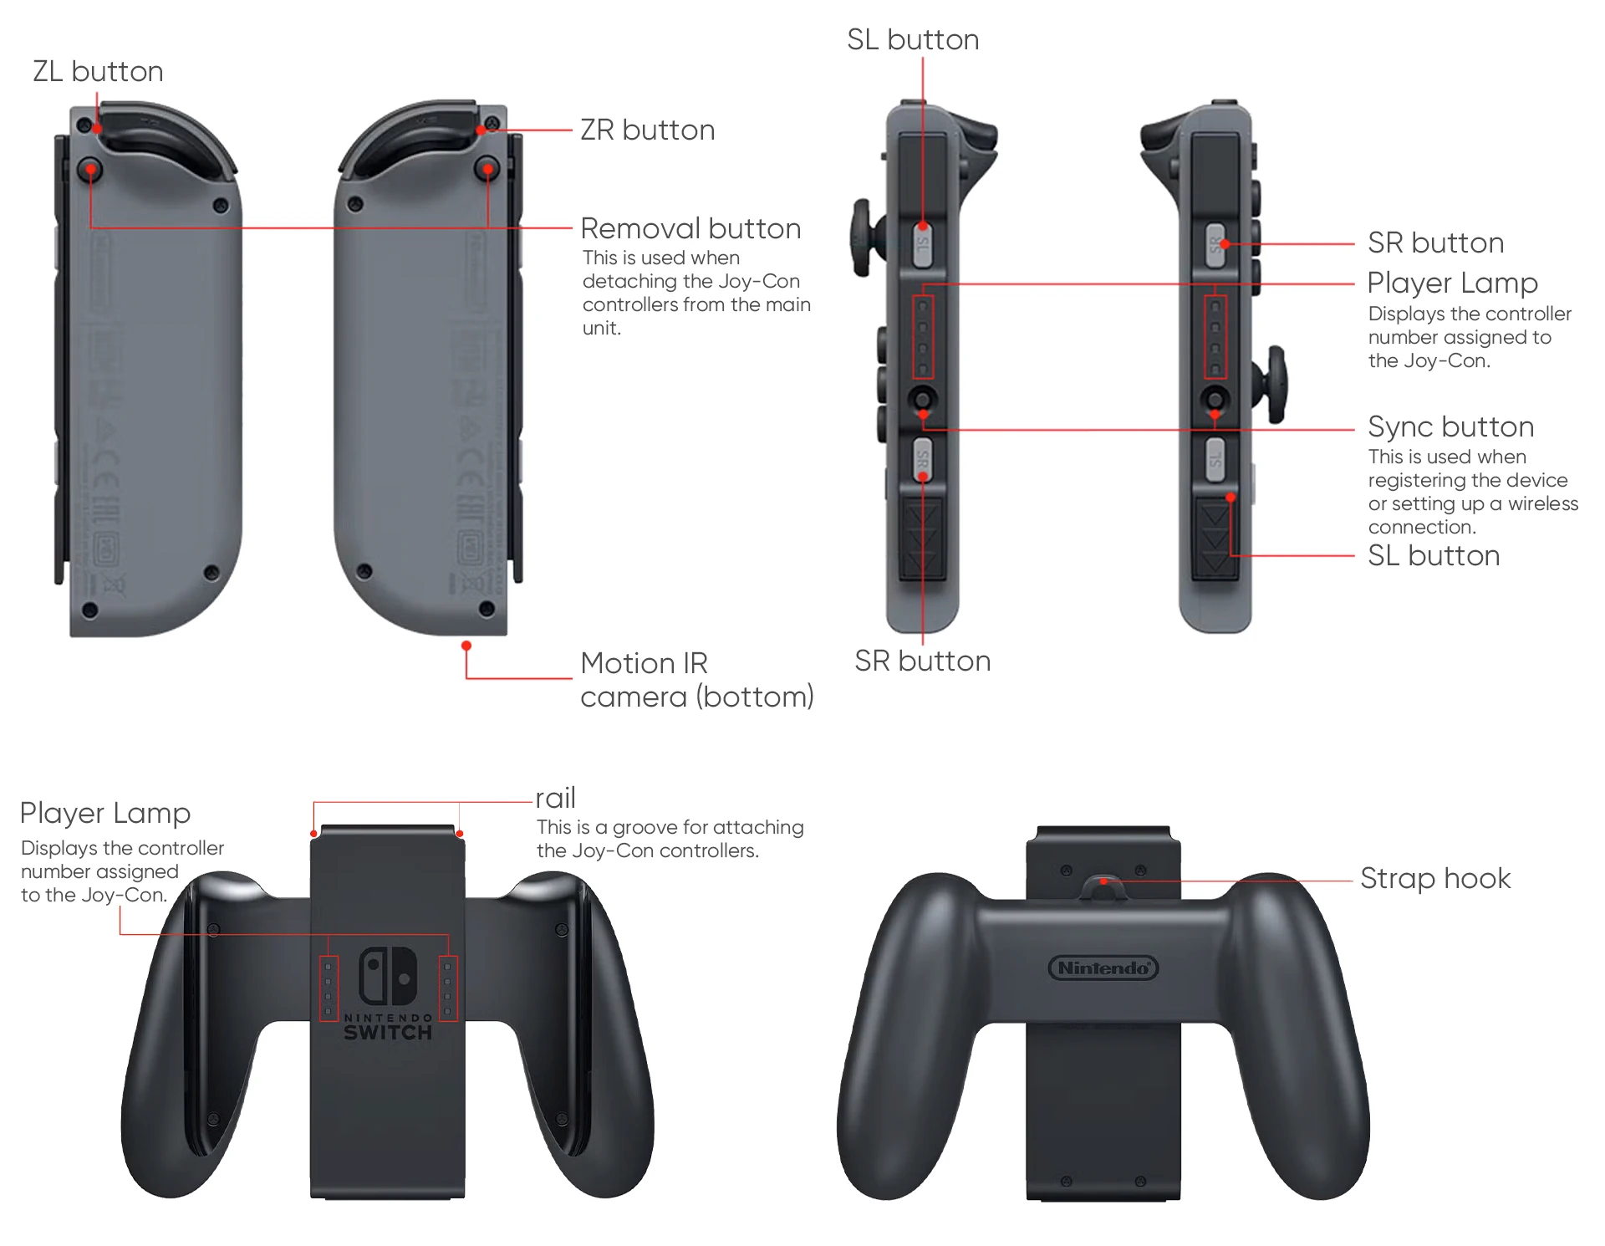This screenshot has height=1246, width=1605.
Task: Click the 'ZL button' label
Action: coord(98,72)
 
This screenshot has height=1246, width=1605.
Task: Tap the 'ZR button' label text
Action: coord(647,130)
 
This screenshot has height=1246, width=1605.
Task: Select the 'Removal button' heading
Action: coord(690,228)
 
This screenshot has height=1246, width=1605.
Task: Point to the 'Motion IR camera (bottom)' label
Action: coord(695,680)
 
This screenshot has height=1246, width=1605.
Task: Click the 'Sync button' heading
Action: coord(1450,427)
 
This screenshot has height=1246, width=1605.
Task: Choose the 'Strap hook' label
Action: coord(1434,879)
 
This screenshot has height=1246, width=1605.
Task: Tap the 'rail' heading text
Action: coord(555,799)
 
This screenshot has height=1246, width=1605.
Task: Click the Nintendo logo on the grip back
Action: coord(1103,968)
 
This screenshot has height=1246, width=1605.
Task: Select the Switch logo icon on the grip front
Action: coord(388,976)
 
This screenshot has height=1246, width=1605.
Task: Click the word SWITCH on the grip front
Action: coord(388,1033)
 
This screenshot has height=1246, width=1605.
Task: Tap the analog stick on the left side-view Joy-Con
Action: coord(864,237)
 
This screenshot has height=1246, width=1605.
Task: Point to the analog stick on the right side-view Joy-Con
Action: coord(1276,385)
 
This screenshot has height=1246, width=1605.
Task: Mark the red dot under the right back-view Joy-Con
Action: coord(466,646)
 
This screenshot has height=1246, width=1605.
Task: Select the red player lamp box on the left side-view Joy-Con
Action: coord(923,337)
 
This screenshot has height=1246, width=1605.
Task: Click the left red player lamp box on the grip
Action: coord(329,988)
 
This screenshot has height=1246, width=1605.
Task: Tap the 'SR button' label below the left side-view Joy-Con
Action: coord(922,661)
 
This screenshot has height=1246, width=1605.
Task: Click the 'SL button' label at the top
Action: coord(913,40)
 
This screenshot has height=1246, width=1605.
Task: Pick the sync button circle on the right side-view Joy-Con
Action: coord(1215,398)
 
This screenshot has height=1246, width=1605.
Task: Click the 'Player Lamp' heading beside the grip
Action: coord(105,813)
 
